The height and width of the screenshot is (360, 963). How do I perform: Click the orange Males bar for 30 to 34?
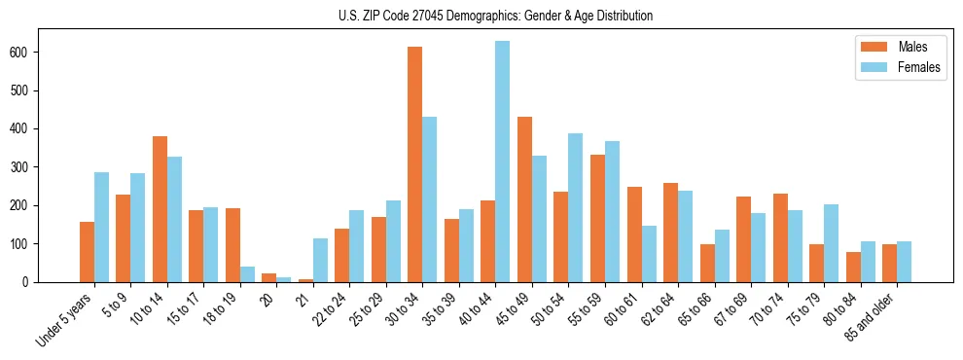point(415,164)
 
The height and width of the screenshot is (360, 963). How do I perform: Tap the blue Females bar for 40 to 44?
point(503,162)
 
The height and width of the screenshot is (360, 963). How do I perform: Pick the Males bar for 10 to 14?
point(160,209)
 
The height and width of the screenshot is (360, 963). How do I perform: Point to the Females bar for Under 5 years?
point(101,227)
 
